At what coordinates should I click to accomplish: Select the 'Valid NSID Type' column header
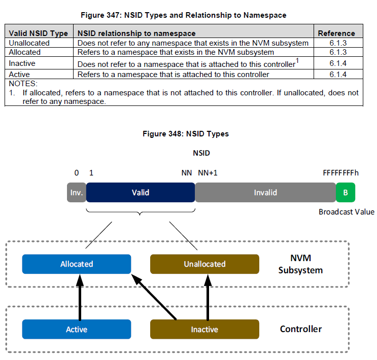pos(39,33)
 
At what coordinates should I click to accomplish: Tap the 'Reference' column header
pos(336,33)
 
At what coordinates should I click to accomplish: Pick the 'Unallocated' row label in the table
pos(29,43)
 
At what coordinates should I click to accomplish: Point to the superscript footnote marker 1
pos(297,61)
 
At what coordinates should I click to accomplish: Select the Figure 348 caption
pos(186,134)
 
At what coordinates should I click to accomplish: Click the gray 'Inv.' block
pos(77,193)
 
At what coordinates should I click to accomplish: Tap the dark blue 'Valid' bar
pos(141,193)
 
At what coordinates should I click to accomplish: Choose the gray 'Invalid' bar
pos(265,193)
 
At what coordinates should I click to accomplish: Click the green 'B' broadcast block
pos(346,193)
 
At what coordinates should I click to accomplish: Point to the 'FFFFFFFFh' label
pos(340,173)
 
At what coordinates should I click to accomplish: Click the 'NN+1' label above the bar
pos(208,173)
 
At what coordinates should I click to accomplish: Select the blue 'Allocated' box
pos(77,264)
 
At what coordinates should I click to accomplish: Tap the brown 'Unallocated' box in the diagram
pos(204,264)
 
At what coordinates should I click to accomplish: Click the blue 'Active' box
pos(77,330)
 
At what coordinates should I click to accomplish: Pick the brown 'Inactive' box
pos(204,330)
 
